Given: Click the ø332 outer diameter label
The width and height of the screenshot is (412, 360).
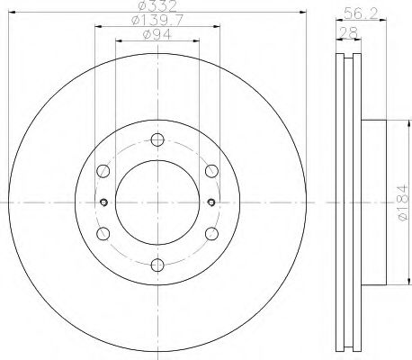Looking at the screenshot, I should point(157,8).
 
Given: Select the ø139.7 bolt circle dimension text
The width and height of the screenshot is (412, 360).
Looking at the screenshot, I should point(157,21).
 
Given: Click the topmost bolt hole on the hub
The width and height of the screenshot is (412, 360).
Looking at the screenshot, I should point(157,139).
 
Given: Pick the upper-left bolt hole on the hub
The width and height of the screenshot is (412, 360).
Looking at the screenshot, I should point(103,170).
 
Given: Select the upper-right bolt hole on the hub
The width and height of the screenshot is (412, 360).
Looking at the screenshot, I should point(211,170).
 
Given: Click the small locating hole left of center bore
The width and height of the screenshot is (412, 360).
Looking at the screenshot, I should point(105,202).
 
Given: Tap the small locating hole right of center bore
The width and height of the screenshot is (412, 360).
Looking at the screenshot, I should point(210,202).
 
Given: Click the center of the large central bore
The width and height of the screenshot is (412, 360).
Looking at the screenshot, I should point(157,202).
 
